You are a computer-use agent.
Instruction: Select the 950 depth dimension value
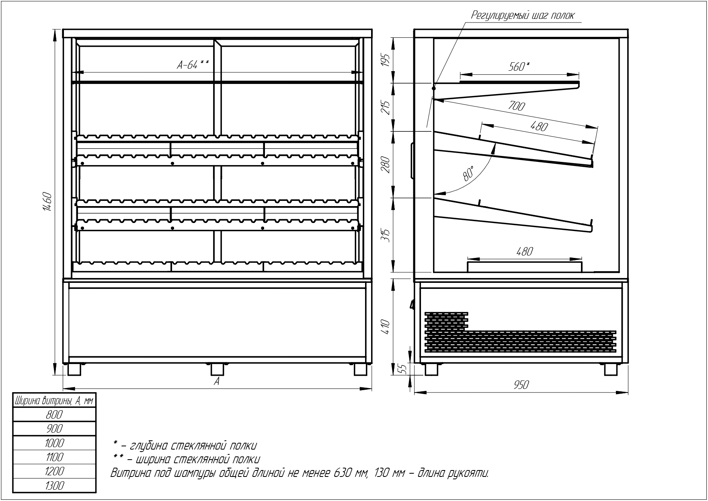point(521,385)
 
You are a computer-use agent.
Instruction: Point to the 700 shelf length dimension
point(517,106)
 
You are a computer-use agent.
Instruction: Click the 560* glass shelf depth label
point(519,66)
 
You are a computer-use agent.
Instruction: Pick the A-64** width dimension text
point(193,65)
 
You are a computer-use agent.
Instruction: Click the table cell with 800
point(54,415)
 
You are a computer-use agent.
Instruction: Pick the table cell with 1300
point(54,485)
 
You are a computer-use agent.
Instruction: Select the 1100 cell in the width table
point(54,457)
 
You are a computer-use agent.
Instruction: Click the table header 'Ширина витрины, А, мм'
point(54,401)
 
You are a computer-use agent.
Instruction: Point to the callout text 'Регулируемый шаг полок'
point(523,15)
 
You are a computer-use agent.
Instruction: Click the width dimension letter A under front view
point(217,381)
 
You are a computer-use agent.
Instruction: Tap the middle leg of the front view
point(218,369)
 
